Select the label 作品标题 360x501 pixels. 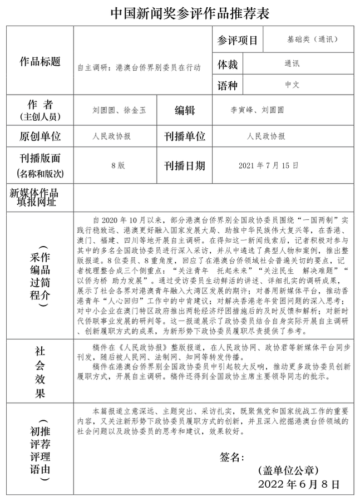click(40, 61)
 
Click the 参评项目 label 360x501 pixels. click(238, 41)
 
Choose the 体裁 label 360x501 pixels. click(228, 65)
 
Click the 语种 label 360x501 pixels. click(228, 86)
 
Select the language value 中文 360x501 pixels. click(292, 85)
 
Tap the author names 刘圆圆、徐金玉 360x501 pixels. click(119, 110)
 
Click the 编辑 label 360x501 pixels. click(185, 110)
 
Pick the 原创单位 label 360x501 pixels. click(40, 136)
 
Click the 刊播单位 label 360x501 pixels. click(185, 136)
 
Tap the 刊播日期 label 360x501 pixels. click(185, 165)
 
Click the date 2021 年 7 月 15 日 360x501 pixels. click(268, 165)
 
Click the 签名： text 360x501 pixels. click(232, 458)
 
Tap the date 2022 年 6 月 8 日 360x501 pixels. click(299, 484)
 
